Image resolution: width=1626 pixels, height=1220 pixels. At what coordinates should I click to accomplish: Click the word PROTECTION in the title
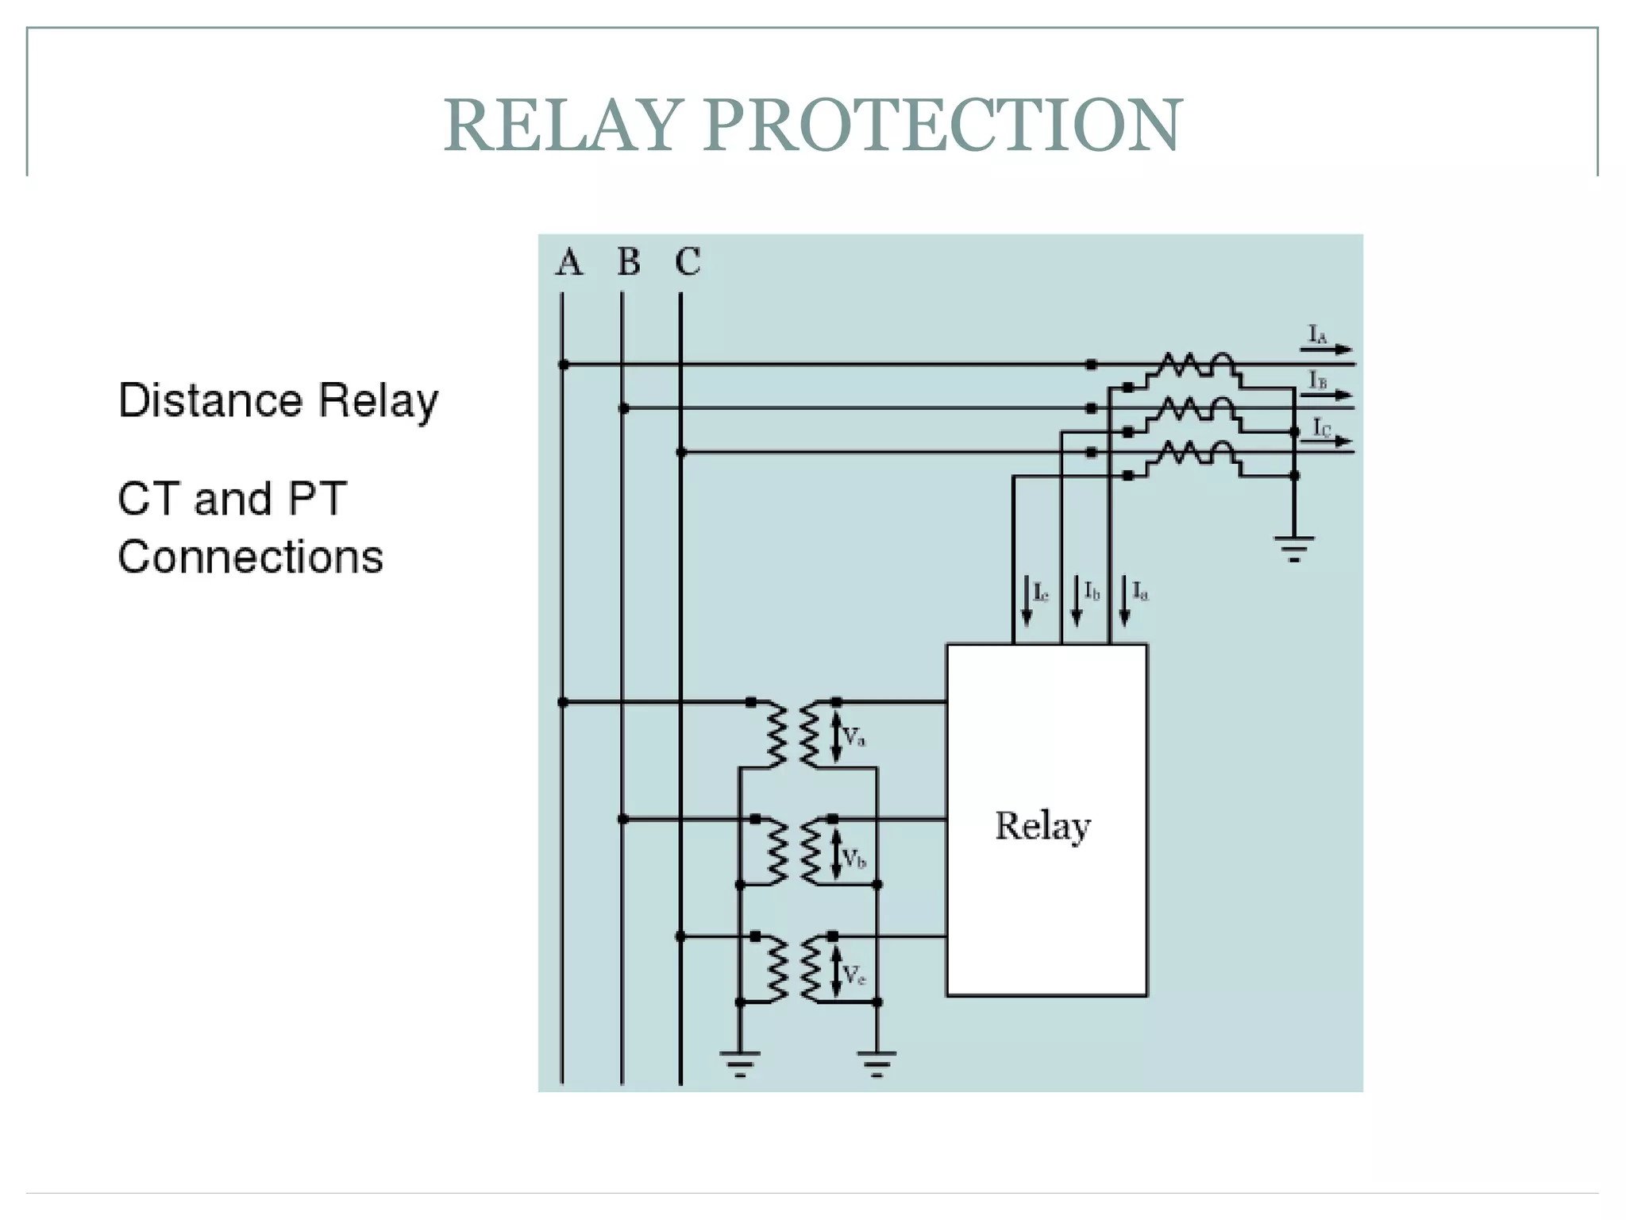(x=942, y=125)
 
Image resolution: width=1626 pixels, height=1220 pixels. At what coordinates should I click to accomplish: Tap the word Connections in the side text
(x=250, y=557)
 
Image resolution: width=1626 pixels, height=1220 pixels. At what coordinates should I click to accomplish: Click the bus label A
(x=568, y=262)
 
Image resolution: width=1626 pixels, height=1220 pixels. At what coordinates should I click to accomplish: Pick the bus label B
(x=628, y=262)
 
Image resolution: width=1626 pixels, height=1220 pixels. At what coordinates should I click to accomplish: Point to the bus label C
(x=688, y=262)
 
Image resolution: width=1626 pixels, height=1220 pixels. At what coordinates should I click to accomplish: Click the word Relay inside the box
(x=1042, y=826)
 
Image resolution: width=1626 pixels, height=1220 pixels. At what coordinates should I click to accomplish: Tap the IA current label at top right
(x=1318, y=335)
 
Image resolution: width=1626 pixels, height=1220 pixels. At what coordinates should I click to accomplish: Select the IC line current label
(x=1321, y=428)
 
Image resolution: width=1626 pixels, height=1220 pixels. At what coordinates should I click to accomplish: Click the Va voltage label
(x=853, y=737)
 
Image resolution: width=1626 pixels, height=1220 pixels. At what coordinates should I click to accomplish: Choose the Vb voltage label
(x=853, y=859)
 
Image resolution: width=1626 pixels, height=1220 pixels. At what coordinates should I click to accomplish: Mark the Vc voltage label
(x=853, y=975)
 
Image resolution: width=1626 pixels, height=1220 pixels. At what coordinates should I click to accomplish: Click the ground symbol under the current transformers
(x=1294, y=548)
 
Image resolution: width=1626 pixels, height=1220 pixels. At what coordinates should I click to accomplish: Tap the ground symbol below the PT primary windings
(x=740, y=1063)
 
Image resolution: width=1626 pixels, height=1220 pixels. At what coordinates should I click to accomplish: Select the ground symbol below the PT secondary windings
(x=877, y=1063)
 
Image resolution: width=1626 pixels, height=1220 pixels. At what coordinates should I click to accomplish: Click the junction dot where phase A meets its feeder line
(x=563, y=365)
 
